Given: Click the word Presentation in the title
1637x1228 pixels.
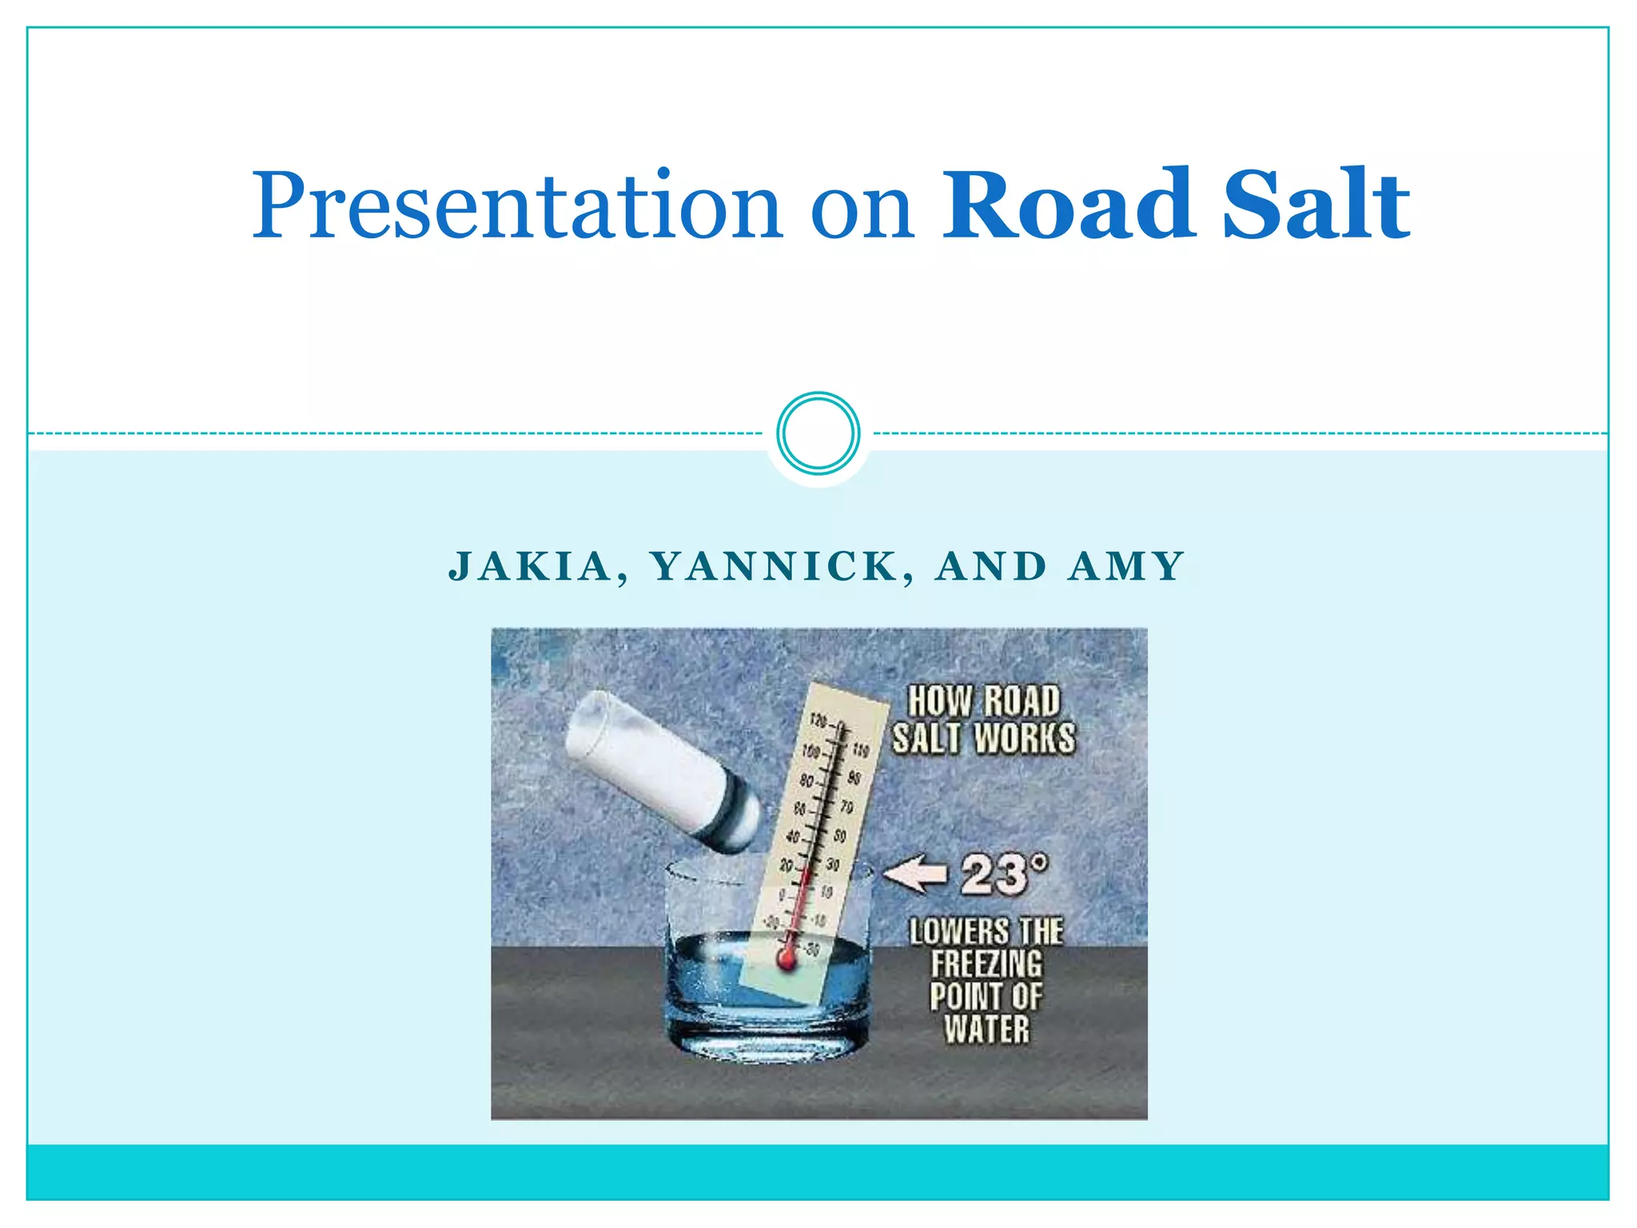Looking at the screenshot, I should tap(516, 206).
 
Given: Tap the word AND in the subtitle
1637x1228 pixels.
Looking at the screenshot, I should tap(991, 567).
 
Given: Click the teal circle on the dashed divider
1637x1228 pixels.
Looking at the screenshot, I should tap(818, 433).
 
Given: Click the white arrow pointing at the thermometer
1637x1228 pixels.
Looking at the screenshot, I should tap(915, 873).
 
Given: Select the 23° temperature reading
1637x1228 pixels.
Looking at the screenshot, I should tap(1002, 873).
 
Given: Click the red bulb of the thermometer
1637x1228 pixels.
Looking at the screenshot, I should tap(787, 958).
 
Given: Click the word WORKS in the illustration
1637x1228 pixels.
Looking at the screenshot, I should tap(1025, 738).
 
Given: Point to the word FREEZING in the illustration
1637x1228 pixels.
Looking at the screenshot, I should tap(986, 964).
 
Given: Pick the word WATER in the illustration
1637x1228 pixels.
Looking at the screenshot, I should tap(986, 1029).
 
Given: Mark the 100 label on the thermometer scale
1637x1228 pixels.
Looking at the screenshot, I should tap(811, 752).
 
